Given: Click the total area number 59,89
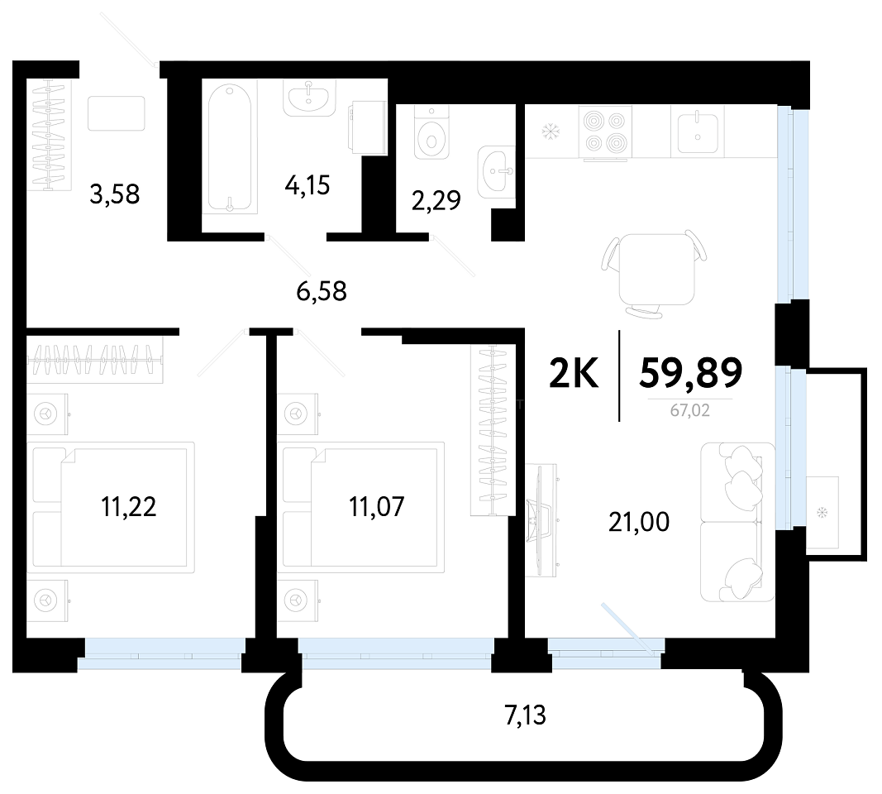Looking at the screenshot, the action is click(691, 374).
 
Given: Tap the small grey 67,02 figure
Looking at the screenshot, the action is click(689, 410).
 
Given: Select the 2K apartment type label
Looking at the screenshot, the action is click(574, 374).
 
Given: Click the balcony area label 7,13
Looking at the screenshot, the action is click(526, 715).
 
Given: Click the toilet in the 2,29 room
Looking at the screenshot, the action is click(431, 132).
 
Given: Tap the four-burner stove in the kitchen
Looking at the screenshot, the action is click(605, 132).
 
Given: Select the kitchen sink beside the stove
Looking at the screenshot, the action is click(698, 132).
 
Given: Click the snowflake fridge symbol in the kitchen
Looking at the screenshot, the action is click(548, 133).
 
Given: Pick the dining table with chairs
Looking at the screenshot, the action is click(656, 272).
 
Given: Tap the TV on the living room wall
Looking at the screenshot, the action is click(541, 520).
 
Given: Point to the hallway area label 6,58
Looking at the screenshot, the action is click(322, 291).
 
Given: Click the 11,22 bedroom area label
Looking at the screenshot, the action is click(129, 506).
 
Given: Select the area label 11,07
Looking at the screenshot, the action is click(376, 506).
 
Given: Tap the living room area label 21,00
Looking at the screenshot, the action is click(639, 522).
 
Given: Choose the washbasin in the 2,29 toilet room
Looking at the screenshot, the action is click(496, 172).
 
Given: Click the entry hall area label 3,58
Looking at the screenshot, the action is click(115, 194).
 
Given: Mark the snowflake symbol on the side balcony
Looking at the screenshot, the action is click(822, 513).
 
